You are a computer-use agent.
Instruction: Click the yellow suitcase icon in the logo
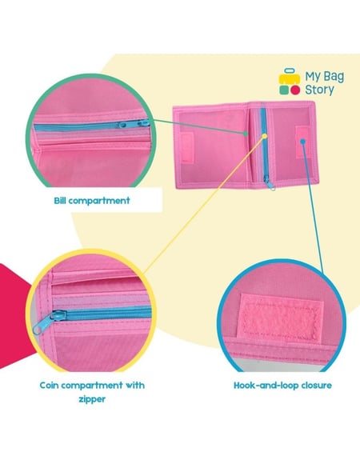[290, 77]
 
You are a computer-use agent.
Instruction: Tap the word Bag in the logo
[334, 77]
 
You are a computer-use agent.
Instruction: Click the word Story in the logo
[319, 90]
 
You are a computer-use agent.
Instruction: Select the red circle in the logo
[295, 90]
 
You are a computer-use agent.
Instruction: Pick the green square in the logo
[284, 90]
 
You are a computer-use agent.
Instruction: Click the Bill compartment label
[92, 200]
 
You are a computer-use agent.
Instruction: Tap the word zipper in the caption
[92, 399]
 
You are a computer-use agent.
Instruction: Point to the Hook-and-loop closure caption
[282, 386]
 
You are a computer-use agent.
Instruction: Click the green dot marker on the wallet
[246, 134]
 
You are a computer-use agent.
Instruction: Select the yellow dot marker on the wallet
[264, 137]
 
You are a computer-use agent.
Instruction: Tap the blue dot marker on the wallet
[302, 141]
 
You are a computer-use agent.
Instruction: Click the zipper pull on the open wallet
[270, 184]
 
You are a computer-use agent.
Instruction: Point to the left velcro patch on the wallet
[187, 147]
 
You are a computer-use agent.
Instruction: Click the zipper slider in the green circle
[134, 123]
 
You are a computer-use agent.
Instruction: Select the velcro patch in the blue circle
[281, 318]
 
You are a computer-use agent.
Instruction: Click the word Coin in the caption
[51, 386]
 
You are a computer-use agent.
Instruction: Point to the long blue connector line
[313, 207]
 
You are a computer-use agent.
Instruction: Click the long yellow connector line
[204, 205]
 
